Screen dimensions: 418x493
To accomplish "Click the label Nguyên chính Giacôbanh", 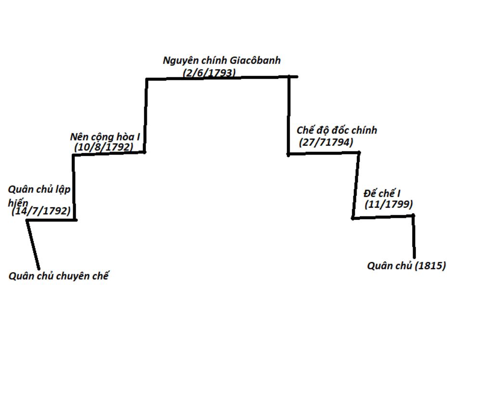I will pos(221,61).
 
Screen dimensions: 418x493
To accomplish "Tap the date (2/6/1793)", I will pos(209,73).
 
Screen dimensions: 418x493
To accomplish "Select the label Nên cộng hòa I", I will pos(105,137).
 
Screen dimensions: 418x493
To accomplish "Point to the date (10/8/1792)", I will pos(104,147).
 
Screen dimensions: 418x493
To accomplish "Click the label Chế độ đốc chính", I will pos(337,130).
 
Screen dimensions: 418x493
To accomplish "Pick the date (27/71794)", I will pos(326,142).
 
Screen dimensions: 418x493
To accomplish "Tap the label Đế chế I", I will pos(382,193).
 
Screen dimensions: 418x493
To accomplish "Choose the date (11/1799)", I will pos(389,204).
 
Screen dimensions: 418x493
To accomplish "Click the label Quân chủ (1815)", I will pos(406,266).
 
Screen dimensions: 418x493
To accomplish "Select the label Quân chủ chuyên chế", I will pos(59,276).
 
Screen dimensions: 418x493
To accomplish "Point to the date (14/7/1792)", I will pos(41,211).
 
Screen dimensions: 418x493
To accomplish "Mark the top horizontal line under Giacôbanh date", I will pos(221,77).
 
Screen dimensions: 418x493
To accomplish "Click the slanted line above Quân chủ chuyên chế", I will pos(33,244).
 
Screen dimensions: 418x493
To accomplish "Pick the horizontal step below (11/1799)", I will pos(383,216).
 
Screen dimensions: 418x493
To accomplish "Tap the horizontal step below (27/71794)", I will pos(324,153).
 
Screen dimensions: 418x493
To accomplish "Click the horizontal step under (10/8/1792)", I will pos(109,153).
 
